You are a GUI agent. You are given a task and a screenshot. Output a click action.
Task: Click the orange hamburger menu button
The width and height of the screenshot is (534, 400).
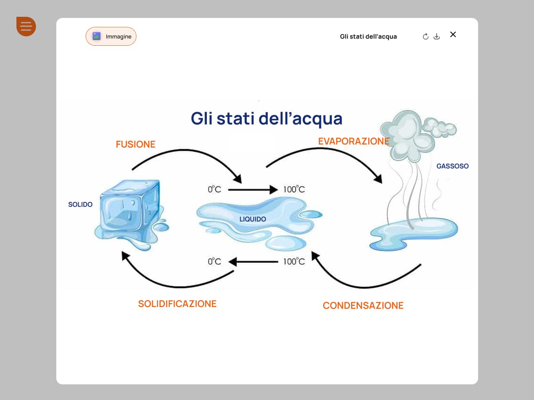[x=26, y=27]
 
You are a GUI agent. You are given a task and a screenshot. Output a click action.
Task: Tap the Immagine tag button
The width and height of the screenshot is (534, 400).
[x=111, y=36]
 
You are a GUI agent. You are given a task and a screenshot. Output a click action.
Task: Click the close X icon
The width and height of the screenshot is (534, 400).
[x=453, y=34]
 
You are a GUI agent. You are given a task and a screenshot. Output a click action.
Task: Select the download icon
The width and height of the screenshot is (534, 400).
[x=437, y=36]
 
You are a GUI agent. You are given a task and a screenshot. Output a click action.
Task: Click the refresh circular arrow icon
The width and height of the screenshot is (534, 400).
[x=426, y=36]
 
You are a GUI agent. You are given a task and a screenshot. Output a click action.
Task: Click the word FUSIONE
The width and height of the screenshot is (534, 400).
[x=135, y=144]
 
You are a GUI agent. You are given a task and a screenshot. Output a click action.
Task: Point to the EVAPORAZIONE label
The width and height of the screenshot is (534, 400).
[x=353, y=141]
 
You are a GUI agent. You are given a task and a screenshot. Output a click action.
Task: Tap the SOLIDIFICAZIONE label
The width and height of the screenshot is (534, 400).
[x=177, y=304]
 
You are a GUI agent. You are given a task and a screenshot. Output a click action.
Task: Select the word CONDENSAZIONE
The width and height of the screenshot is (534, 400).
[x=363, y=305]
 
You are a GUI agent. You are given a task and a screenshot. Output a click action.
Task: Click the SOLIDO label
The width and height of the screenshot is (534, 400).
[x=80, y=204]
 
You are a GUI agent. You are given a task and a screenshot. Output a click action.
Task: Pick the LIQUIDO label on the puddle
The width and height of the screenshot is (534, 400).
[x=253, y=219]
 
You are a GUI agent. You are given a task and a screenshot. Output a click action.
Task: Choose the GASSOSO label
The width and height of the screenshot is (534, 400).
[x=452, y=166]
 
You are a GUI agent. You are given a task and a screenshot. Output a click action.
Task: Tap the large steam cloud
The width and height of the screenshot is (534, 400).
[x=407, y=135]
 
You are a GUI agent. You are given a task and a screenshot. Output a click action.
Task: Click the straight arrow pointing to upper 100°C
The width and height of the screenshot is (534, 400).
[x=252, y=190]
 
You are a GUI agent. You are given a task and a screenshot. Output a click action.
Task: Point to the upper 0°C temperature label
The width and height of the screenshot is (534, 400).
[x=214, y=189]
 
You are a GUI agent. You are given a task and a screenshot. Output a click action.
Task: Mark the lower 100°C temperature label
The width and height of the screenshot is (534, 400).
[x=294, y=261]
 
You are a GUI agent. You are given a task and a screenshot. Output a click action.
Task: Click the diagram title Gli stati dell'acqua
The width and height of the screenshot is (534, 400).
[x=266, y=118]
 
